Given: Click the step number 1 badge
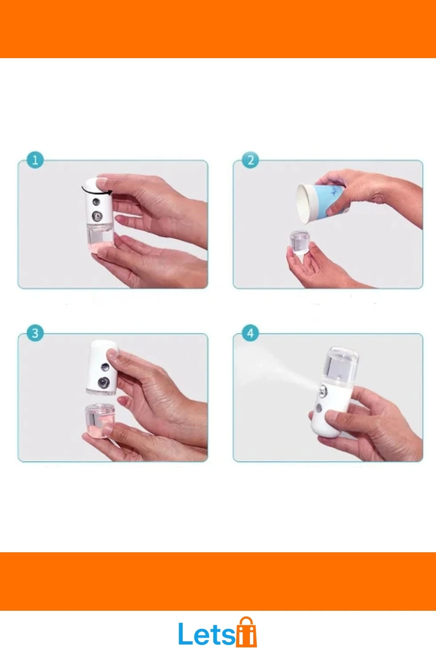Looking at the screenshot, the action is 35,160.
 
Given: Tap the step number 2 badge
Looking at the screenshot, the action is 251,160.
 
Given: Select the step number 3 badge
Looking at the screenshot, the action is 35,333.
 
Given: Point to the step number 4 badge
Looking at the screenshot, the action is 251,333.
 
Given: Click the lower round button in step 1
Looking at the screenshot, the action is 97,217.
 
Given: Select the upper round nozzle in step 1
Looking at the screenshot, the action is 96,201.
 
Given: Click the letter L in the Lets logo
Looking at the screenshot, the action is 185,634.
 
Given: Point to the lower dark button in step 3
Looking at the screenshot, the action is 104,382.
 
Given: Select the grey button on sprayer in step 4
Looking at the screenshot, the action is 319,408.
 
